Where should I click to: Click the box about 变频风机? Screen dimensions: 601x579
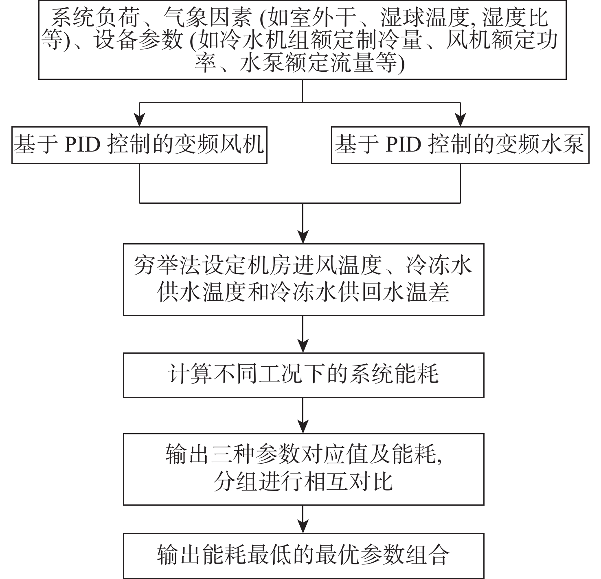[139, 145]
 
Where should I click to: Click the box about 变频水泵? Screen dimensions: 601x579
[460, 145]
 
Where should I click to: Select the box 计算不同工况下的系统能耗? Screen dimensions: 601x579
[304, 375]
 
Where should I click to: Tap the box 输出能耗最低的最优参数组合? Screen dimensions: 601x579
[304, 555]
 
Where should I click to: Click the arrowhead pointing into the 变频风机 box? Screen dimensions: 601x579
[139, 120]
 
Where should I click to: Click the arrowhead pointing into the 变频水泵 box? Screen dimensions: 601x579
[460, 120]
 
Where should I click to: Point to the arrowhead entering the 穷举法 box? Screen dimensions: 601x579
[303, 237]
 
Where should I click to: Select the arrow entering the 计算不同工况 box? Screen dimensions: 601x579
[303, 334]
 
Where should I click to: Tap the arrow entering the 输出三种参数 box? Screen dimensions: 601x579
[303, 416]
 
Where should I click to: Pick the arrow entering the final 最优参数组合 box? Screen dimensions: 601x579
[303, 520]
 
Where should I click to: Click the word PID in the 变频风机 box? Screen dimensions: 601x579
[83, 145]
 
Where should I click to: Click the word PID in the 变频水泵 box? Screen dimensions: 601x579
[404, 145]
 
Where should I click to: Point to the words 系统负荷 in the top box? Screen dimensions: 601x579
[95, 18]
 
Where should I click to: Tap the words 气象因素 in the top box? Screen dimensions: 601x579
[208, 18]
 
